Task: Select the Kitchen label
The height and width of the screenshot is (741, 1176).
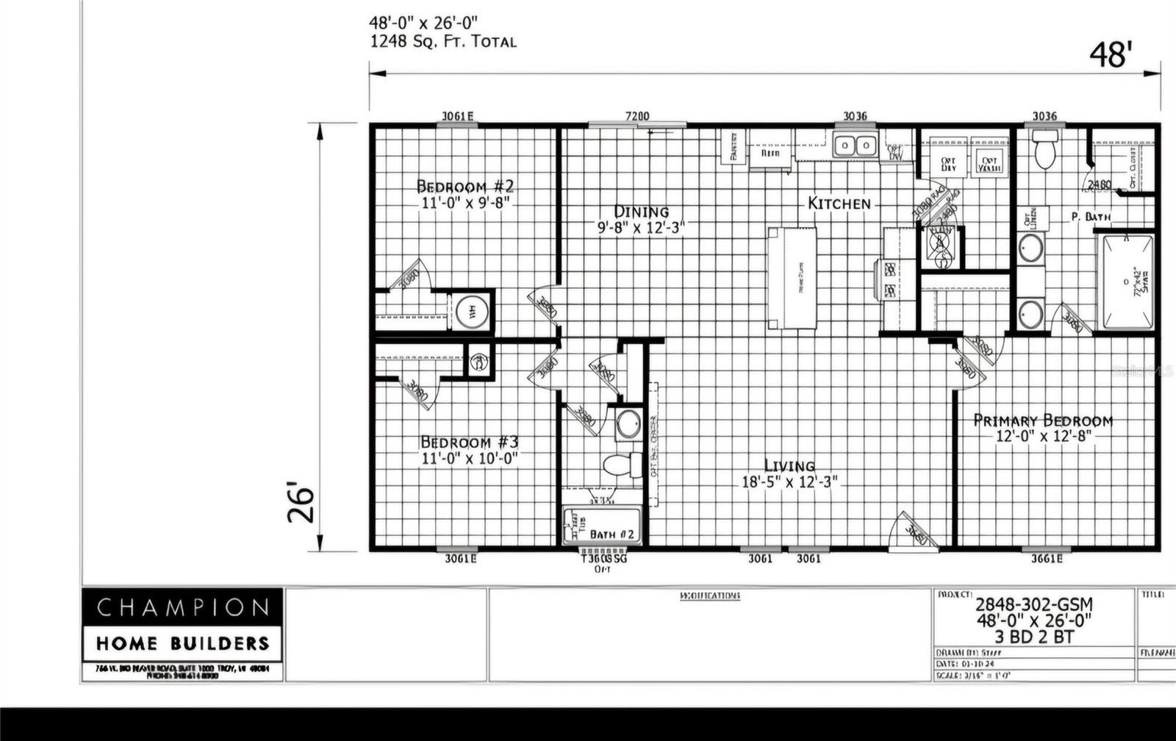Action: pyautogui.click(x=839, y=203)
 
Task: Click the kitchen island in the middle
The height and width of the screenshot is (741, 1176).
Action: pyautogui.click(x=792, y=279)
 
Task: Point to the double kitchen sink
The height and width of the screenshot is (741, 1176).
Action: pyautogui.click(x=856, y=146)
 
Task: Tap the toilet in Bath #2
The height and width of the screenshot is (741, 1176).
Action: pyautogui.click(x=617, y=465)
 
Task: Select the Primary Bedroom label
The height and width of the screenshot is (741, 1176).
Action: pyautogui.click(x=1042, y=420)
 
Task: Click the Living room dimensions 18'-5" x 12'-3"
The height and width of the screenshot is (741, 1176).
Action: pyautogui.click(x=789, y=482)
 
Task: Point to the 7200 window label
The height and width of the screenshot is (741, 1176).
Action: pyautogui.click(x=637, y=116)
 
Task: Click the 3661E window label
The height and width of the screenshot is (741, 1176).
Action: pyautogui.click(x=1046, y=559)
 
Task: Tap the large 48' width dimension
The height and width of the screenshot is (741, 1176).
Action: pyautogui.click(x=1110, y=55)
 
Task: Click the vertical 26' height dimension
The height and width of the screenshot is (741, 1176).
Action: pyautogui.click(x=301, y=502)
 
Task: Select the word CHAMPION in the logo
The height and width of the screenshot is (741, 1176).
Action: pyautogui.click(x=182, y=607)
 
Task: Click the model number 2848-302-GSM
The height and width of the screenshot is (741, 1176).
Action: pyautogui.click(x=1033, y=604)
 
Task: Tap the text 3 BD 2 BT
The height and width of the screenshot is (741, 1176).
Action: pyautogui.click(x=1033, y=637)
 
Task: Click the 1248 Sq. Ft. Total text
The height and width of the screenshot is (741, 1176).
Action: pyautogui.click(x=442, y=42)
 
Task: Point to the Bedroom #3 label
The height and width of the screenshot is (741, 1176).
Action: pyautogui.click(x=470, y=442)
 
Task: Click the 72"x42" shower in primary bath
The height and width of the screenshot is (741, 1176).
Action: pyautogui.click(x=1126, y=282)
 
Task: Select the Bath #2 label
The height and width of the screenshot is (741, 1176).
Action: pyautogui.click(x=612, y=534)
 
